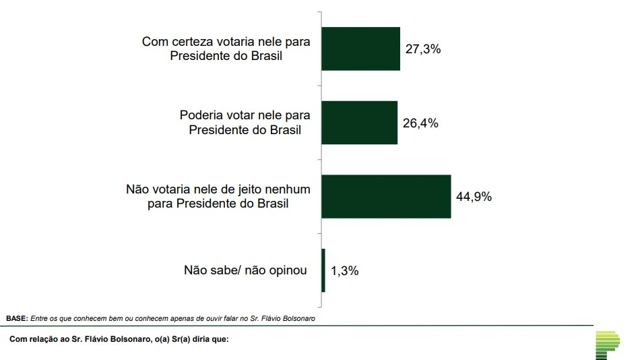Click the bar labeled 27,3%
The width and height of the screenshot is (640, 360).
[x=360, y=49]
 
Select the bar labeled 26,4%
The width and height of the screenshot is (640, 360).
[x=359, y=123]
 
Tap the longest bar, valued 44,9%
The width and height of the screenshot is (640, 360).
[x=385, y=196]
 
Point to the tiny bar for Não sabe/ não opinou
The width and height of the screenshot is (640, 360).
[x=323, y=270]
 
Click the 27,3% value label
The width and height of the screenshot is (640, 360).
[x=422, y=49]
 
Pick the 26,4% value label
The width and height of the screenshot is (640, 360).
[x=420, y=123]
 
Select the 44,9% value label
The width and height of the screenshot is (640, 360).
[x=474, y=197]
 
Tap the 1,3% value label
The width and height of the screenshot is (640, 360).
[x=344, y=271]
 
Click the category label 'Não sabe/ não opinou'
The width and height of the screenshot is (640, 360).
[x=245, y=270]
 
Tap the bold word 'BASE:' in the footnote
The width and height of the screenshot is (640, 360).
[x=17, y=318]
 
